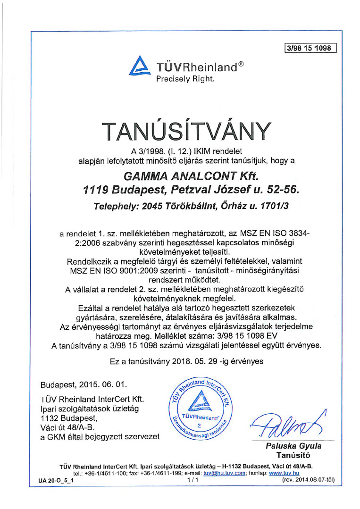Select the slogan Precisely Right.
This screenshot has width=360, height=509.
click(185, 79)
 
